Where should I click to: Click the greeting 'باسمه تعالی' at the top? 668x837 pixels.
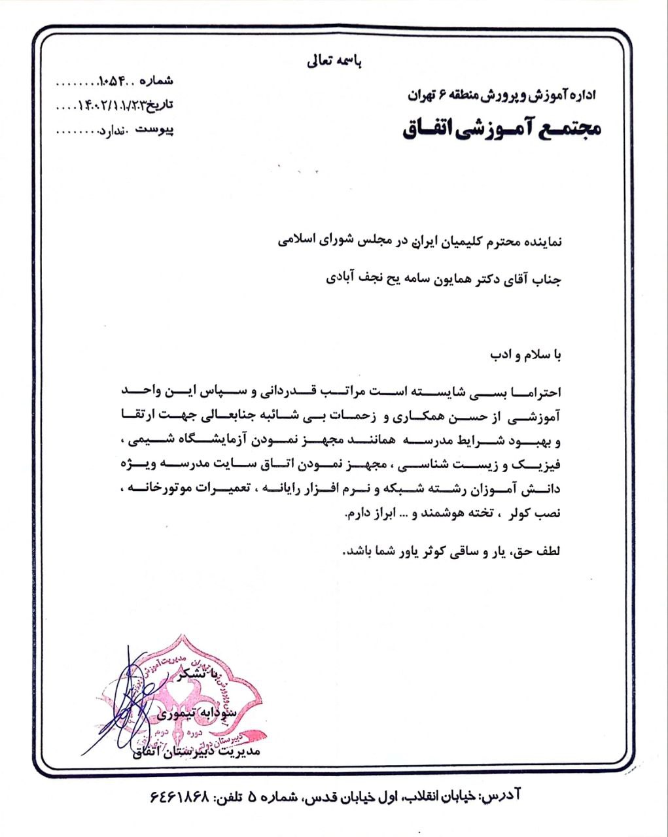[334, 63]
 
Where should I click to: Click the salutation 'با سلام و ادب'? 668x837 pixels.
[527, 355]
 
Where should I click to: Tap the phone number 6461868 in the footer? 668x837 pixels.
[179, 796]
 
